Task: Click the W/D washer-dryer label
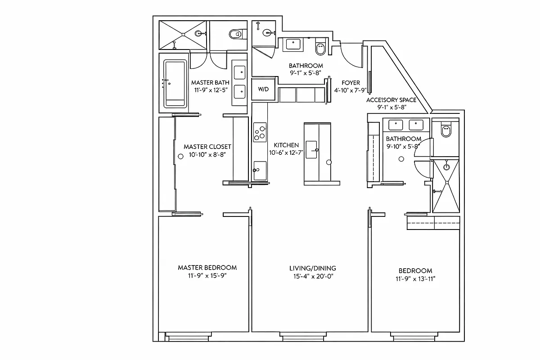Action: click(263, 89)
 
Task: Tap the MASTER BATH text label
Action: click(210, 83)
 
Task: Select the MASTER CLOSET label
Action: click(207, 147)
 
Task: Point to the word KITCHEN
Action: click(286, 145)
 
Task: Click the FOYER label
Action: click(351, 83)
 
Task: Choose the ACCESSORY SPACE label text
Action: click(391, 100)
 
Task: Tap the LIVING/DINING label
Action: click(312, 268)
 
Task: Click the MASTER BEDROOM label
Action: click(207, 267)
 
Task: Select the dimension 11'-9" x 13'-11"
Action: click(415, 279)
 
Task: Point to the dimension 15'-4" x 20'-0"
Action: click(312, 276)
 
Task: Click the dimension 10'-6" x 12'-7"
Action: click(286, 153)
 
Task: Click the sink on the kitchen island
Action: click(312, 149)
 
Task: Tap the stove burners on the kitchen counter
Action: click(260, 132)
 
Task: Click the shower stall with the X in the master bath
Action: click(183, 35)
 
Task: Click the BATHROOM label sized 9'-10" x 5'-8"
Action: click(403, 139)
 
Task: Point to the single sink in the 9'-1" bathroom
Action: click(293, 44)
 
